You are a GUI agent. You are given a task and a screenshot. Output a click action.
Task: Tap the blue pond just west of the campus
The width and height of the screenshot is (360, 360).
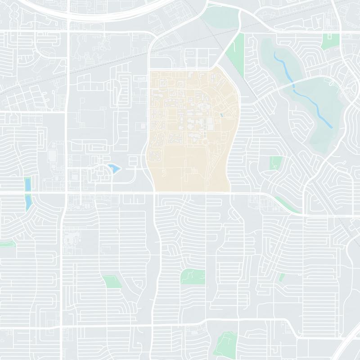click(x=114, y=169)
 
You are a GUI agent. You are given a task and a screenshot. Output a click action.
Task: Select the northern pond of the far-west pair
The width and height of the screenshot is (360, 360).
click(x=28, y=184)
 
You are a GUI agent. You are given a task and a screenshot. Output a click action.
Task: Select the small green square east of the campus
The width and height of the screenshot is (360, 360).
click(x=275, y=162)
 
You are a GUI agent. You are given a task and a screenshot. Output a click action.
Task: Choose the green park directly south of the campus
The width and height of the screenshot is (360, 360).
click(x=193, y=276)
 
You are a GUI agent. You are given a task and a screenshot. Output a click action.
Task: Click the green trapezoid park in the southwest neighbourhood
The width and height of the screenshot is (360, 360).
click(x=112, y=282)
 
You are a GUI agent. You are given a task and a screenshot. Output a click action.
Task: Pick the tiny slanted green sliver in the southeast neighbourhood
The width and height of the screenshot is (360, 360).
click(x=281, y=277)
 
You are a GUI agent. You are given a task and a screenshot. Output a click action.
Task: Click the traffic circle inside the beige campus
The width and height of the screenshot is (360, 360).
click(x=205, y=142)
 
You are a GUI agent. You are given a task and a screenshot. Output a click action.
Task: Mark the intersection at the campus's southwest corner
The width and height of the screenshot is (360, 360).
click(x=154, y=193)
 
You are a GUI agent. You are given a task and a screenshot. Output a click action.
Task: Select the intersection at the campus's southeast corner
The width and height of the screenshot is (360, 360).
click(x=230, y=193)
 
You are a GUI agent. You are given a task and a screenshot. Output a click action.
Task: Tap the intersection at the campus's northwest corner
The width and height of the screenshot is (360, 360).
click(x=149, y=69)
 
